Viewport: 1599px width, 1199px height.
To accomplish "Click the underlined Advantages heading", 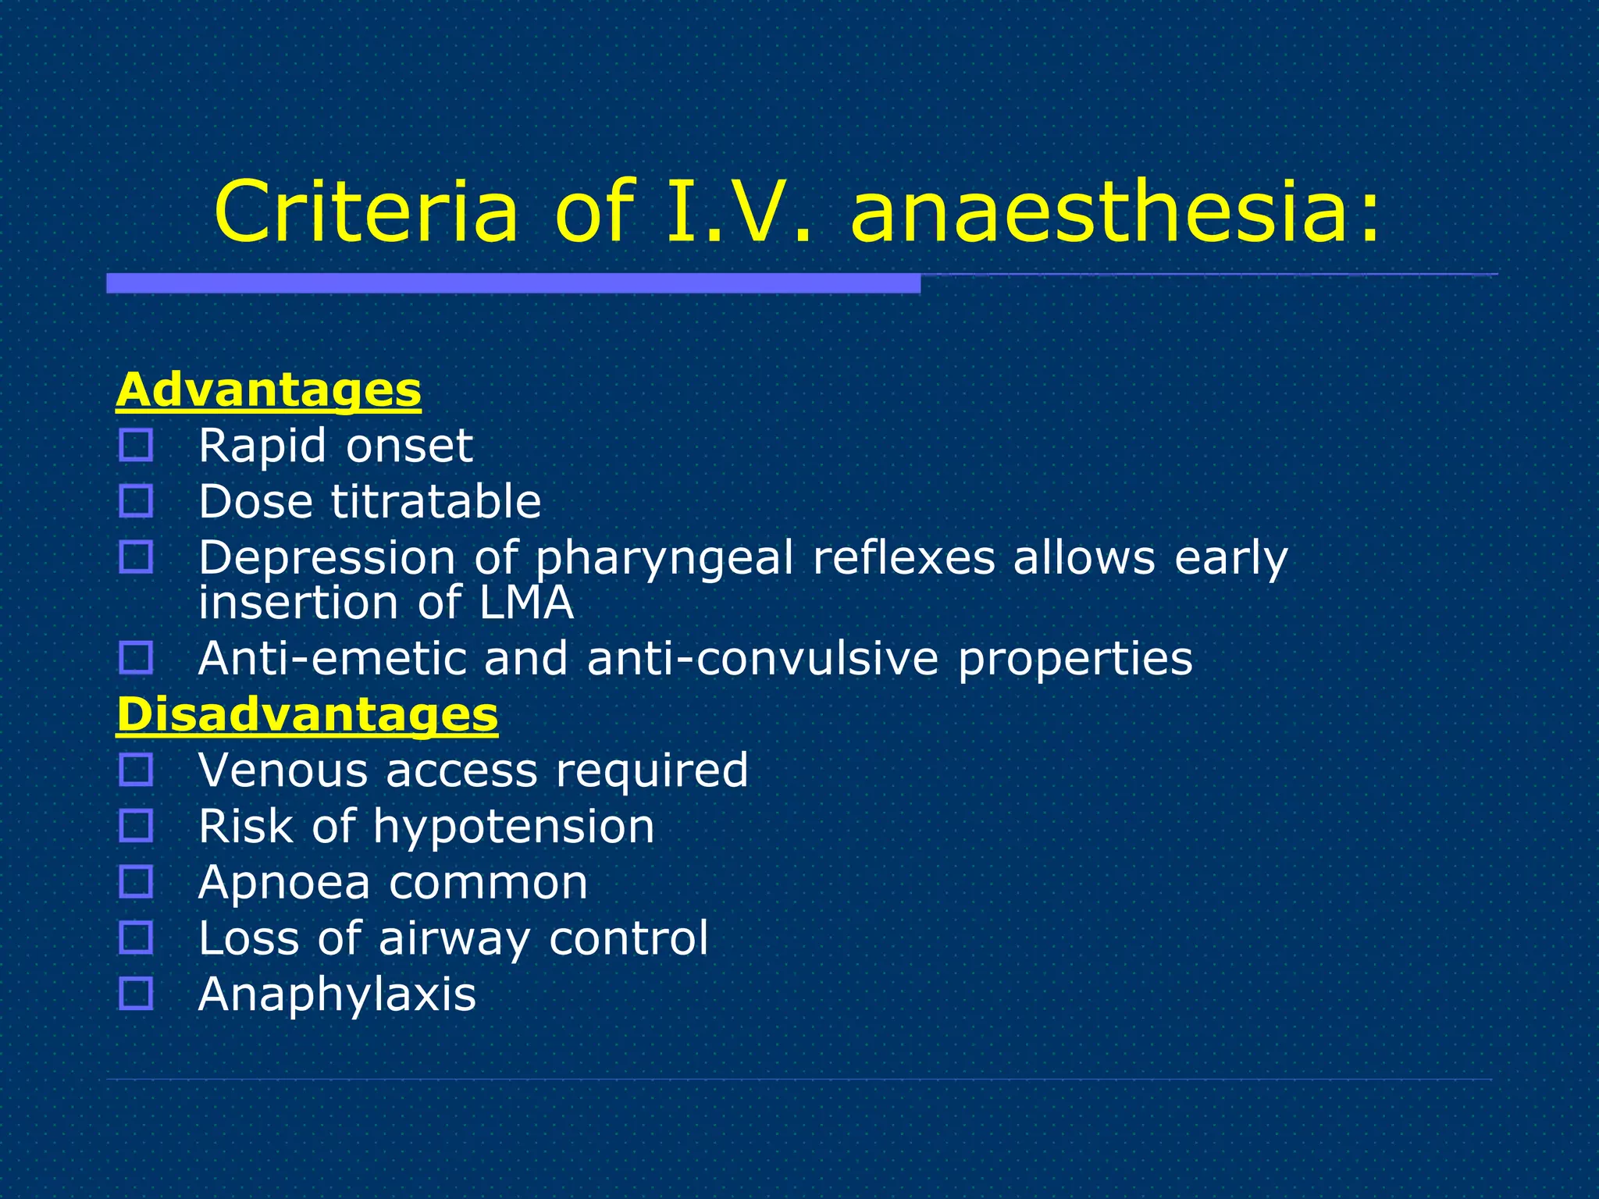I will coord(269,390).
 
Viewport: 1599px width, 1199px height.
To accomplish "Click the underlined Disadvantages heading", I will coord(307,714).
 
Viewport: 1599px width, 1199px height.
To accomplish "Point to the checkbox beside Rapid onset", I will coord(136,446).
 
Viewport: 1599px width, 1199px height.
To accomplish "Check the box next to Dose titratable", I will coord(136,501).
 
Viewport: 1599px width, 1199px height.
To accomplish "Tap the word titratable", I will coord(436,501).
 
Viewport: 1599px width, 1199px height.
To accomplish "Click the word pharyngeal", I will coord(664,559).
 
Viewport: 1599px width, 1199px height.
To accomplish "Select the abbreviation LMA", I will coord(526,603).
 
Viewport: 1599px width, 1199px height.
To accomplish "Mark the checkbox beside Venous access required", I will coord(136,770).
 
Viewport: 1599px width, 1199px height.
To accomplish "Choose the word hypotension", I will coord(513,826).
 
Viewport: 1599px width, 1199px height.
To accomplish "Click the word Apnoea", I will coord(284,883).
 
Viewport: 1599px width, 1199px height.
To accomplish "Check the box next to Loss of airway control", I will coord(136,937).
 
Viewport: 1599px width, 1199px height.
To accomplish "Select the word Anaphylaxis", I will coord(337,994).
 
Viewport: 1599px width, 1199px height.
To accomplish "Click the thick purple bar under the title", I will coord(513,283).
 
